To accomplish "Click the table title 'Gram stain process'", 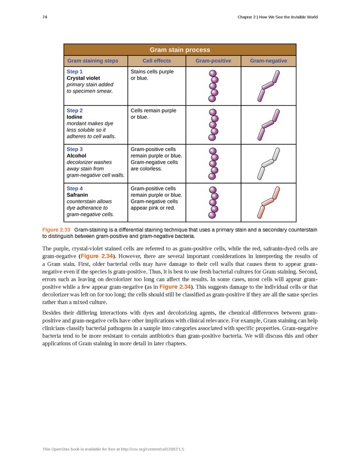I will tap(179, 50).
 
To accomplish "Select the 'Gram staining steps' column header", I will tap(93, 61).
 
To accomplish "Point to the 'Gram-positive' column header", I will tap(213, 61).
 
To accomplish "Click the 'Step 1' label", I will tap(75, 71).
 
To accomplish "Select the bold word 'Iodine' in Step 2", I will tap(75, 117).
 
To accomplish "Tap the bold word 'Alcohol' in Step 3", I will tap(77, 155).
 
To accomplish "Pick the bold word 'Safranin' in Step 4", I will tap(78, 194).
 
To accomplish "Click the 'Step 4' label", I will tap(75, 188).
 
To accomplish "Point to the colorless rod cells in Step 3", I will tap(268, 164).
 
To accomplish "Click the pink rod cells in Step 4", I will tap(268, 203).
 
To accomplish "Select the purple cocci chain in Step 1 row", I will tap(214, 86).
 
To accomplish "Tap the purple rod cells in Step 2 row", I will tap(268, 125).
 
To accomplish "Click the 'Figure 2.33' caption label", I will tap(56, 229).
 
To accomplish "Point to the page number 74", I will tap(45, 17).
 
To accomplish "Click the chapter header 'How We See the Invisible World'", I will tap(286, 17).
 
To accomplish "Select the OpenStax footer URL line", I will tap(113, 449).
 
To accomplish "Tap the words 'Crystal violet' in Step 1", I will tap(84, 78).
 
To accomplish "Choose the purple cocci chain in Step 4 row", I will tap(213, 202).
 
